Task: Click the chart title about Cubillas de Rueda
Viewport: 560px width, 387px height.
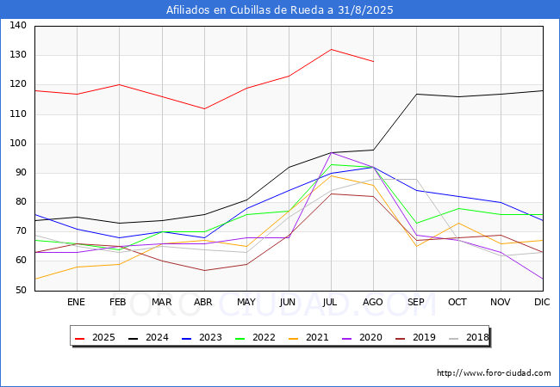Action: [x=280, y=10]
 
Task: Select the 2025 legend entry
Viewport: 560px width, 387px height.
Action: [x=95, y=337]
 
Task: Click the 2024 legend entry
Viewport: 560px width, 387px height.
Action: [x=148, y=337]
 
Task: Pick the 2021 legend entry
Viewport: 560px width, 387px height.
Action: [x=308, y=337]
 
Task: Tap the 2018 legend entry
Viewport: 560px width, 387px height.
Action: [x=469, y=337]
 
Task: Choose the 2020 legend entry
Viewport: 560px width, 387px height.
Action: [x=362, y=337]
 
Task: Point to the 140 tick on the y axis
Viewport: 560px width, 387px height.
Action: [x=18, y=25]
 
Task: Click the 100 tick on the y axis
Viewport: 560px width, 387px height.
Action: [x=18, y=144]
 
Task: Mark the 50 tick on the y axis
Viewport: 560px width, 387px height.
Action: [x=21, y=290]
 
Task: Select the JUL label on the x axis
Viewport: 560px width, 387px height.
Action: [x=330, y=302]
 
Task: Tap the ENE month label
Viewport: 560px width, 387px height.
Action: [x=76, y=302]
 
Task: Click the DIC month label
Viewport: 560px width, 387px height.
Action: [x=542, y=302]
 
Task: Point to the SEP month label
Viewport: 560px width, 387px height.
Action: [x=416, y=302]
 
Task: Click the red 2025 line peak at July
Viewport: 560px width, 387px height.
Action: [x=332, y=50]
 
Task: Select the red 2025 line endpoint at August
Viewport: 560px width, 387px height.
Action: [x=374, y=62]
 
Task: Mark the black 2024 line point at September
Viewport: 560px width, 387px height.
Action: [x=416, y=94]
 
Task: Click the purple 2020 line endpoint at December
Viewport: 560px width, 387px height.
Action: [x=543, y=279]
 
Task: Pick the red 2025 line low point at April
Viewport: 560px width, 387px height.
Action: [x=205, y=108]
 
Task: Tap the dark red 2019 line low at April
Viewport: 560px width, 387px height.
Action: [x=205, y=271]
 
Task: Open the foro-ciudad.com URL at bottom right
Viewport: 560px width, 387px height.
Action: [x=494, y=373]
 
